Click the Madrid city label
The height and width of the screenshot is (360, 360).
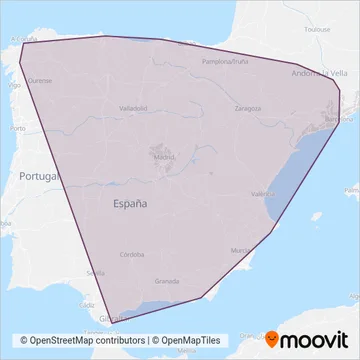point(164,157)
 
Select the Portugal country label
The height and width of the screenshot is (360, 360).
point(38,176)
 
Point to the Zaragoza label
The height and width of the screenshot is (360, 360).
point(248,107)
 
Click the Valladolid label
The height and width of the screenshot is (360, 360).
point(133,107)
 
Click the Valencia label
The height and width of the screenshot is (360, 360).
point(263,194)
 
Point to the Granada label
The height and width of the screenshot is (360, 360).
point(168,283)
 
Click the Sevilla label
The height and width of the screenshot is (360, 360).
point(96,272)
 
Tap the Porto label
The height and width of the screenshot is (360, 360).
point(17,129)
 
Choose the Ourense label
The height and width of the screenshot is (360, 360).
point(41,78)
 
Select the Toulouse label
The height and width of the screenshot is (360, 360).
point(318,30)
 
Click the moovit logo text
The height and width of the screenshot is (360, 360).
point(315,341)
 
